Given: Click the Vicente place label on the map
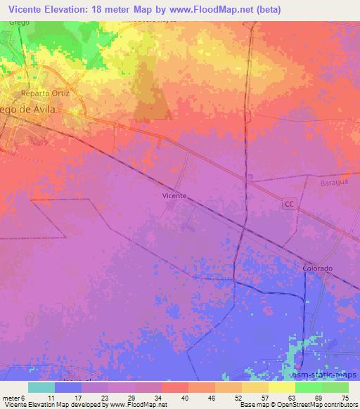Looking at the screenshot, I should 174,196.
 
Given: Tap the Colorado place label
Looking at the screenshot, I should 317,268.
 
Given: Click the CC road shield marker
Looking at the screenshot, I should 288,204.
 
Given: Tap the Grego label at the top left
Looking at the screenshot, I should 19,22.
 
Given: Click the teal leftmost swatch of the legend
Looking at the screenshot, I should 41,387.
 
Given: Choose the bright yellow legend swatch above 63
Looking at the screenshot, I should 281,387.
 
